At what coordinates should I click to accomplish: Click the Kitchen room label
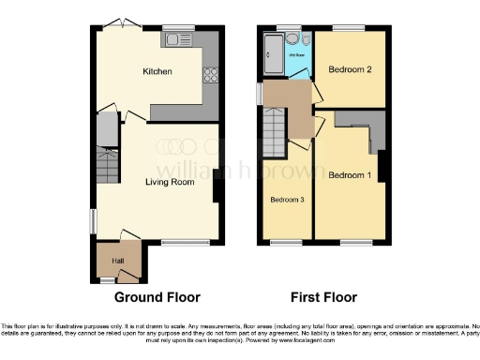point(157,71)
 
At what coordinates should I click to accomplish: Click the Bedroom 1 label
point(349,174)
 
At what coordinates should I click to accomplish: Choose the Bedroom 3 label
point(286,200)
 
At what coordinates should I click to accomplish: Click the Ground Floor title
point(157,297)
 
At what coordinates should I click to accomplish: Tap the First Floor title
point(324,297)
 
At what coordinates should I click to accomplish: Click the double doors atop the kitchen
point(121,22)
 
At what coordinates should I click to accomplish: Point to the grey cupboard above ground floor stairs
point(107,127)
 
